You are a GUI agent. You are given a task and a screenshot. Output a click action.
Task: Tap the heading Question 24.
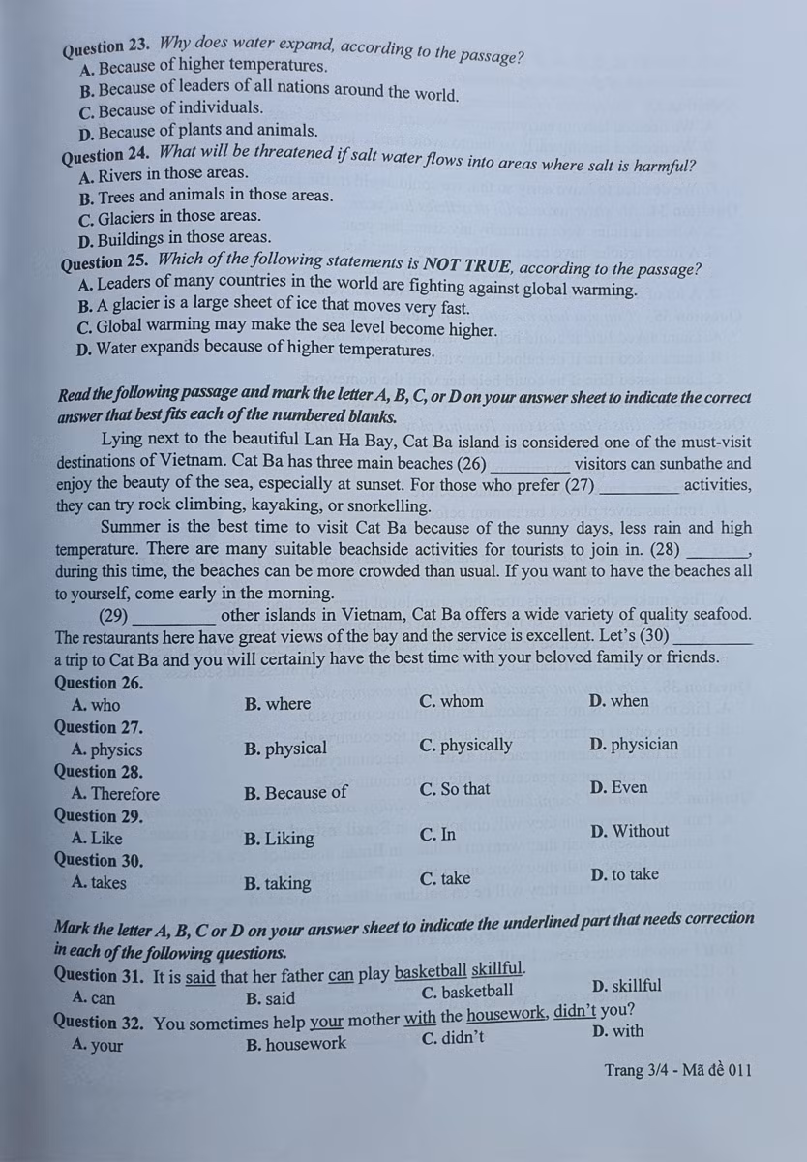click(105, 154)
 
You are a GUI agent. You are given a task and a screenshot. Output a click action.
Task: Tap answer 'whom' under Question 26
click(451, 701)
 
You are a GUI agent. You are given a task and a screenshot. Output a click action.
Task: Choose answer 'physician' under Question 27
click(633, 745)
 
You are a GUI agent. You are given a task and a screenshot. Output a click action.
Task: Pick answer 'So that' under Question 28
click(455, 789)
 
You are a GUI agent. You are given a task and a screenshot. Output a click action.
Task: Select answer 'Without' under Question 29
click(628, 831)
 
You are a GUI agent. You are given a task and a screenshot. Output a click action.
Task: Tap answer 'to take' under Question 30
click(623, 874)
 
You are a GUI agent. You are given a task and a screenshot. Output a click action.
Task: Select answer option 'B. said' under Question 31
click(271, 998)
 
